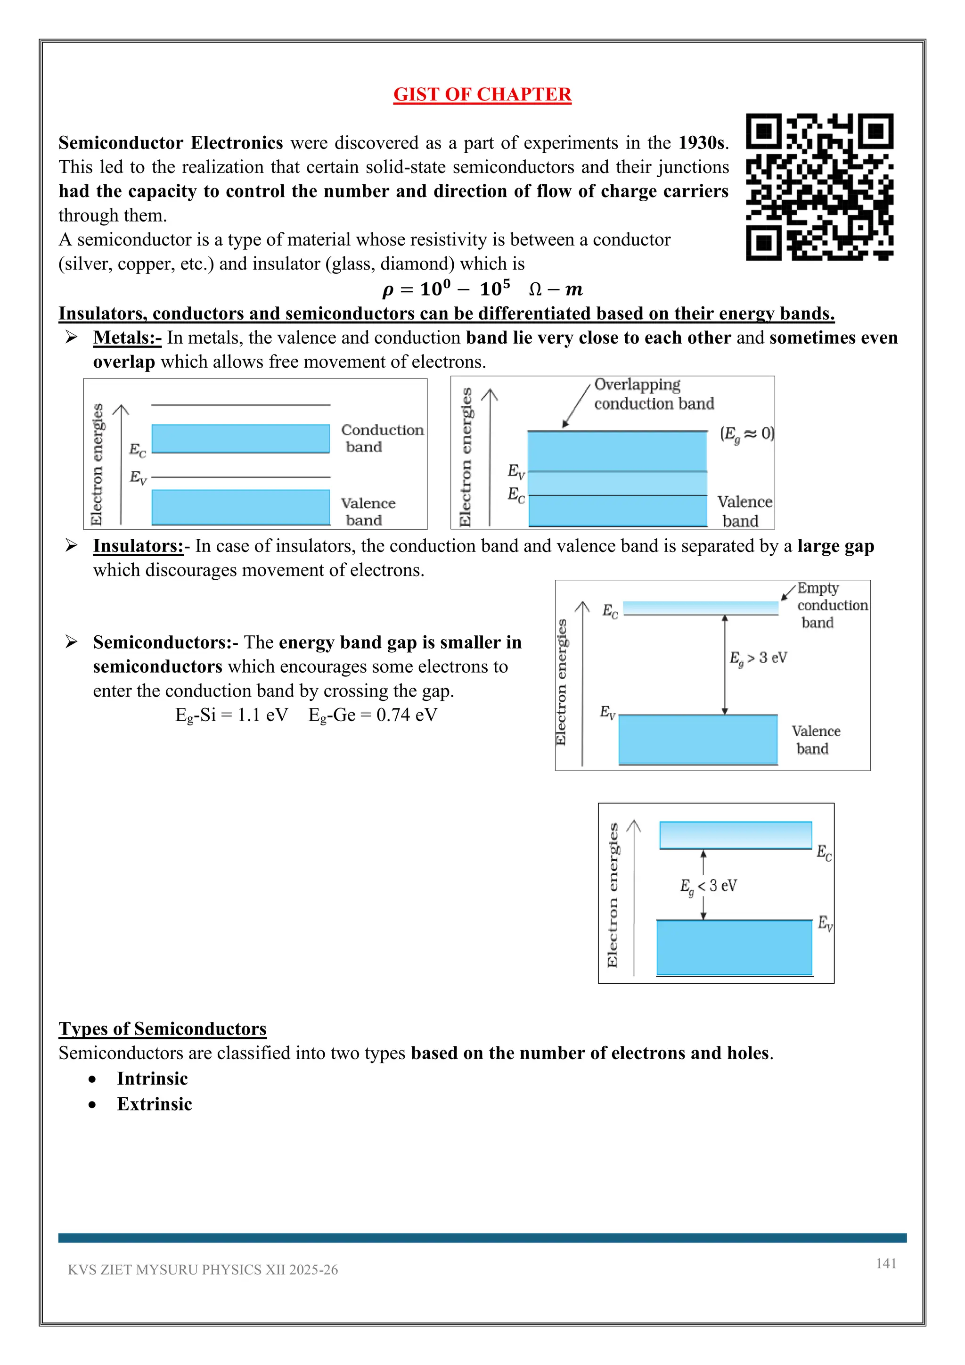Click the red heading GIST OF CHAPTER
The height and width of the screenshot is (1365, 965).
click(482, 95)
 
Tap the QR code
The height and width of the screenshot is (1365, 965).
click(819, 187)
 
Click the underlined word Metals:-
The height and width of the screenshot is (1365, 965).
click(127, 337)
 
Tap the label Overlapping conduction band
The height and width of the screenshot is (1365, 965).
click(653, 394)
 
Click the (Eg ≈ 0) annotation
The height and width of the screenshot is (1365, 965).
click(746, 434)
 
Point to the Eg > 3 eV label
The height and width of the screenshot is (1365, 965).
click(758, 658)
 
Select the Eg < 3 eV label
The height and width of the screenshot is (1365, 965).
click(708, 886)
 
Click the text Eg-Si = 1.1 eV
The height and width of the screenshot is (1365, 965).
click(231, 715)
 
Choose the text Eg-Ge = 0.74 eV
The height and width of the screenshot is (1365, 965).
click(373, 715)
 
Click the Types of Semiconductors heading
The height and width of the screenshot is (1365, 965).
click(162, 1028)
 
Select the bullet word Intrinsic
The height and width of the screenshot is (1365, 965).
click(152, 1078)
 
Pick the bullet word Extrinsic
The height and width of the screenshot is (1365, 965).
click(155, 1104)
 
